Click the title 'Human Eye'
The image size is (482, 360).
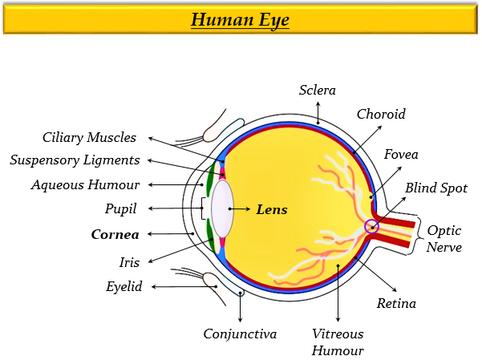240,19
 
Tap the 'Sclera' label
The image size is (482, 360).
318,90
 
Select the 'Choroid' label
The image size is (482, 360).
381,114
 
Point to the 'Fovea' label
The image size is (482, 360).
401,154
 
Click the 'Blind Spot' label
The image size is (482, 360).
435,188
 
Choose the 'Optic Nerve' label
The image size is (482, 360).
444,238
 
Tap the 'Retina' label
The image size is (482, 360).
396,303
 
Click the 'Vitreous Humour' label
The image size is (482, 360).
338,342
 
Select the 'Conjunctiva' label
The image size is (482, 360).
240,334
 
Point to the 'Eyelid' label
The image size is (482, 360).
124,286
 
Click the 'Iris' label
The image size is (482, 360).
130,261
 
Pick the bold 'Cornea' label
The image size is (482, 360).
115,235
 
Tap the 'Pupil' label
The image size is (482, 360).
121,208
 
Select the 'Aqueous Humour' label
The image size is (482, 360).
86,184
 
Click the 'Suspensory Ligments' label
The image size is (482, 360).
75,160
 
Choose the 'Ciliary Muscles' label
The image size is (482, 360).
90,138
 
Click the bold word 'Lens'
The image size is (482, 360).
271,209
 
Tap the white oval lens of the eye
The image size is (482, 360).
222,208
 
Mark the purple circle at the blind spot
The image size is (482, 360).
371,227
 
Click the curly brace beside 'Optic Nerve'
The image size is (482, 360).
420,233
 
